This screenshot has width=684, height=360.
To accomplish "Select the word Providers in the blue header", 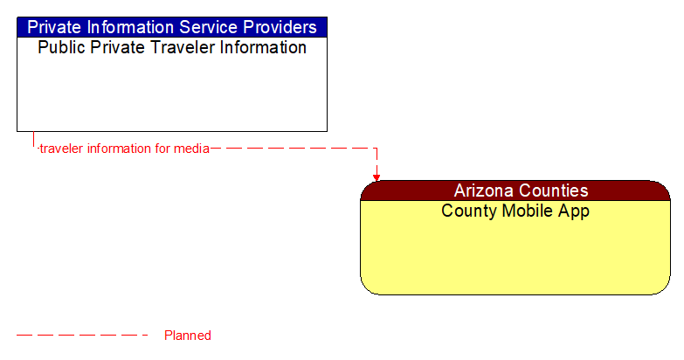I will pyautogui.click(x=273, y=27).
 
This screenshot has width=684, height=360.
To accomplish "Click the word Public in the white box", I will pyautogui.click(x=59, y=48).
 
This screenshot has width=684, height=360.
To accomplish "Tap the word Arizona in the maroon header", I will pyautogui.click(x=484, y=190).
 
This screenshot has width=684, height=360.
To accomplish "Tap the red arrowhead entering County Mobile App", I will pyautogui.click(x=377, y=177).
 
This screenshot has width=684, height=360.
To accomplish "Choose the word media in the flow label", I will pyautogui.click(x=192, y=149).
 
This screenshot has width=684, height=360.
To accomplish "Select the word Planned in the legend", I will pyautogui.click(x=188, y=336).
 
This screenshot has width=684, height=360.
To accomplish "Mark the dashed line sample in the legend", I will pyautogui.click(x=82, y=336).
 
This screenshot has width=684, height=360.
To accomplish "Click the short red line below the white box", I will pyautogui.click(x=34, y=140).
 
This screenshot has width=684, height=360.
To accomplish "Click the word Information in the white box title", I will pyautogui.click(x=258, y=48).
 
